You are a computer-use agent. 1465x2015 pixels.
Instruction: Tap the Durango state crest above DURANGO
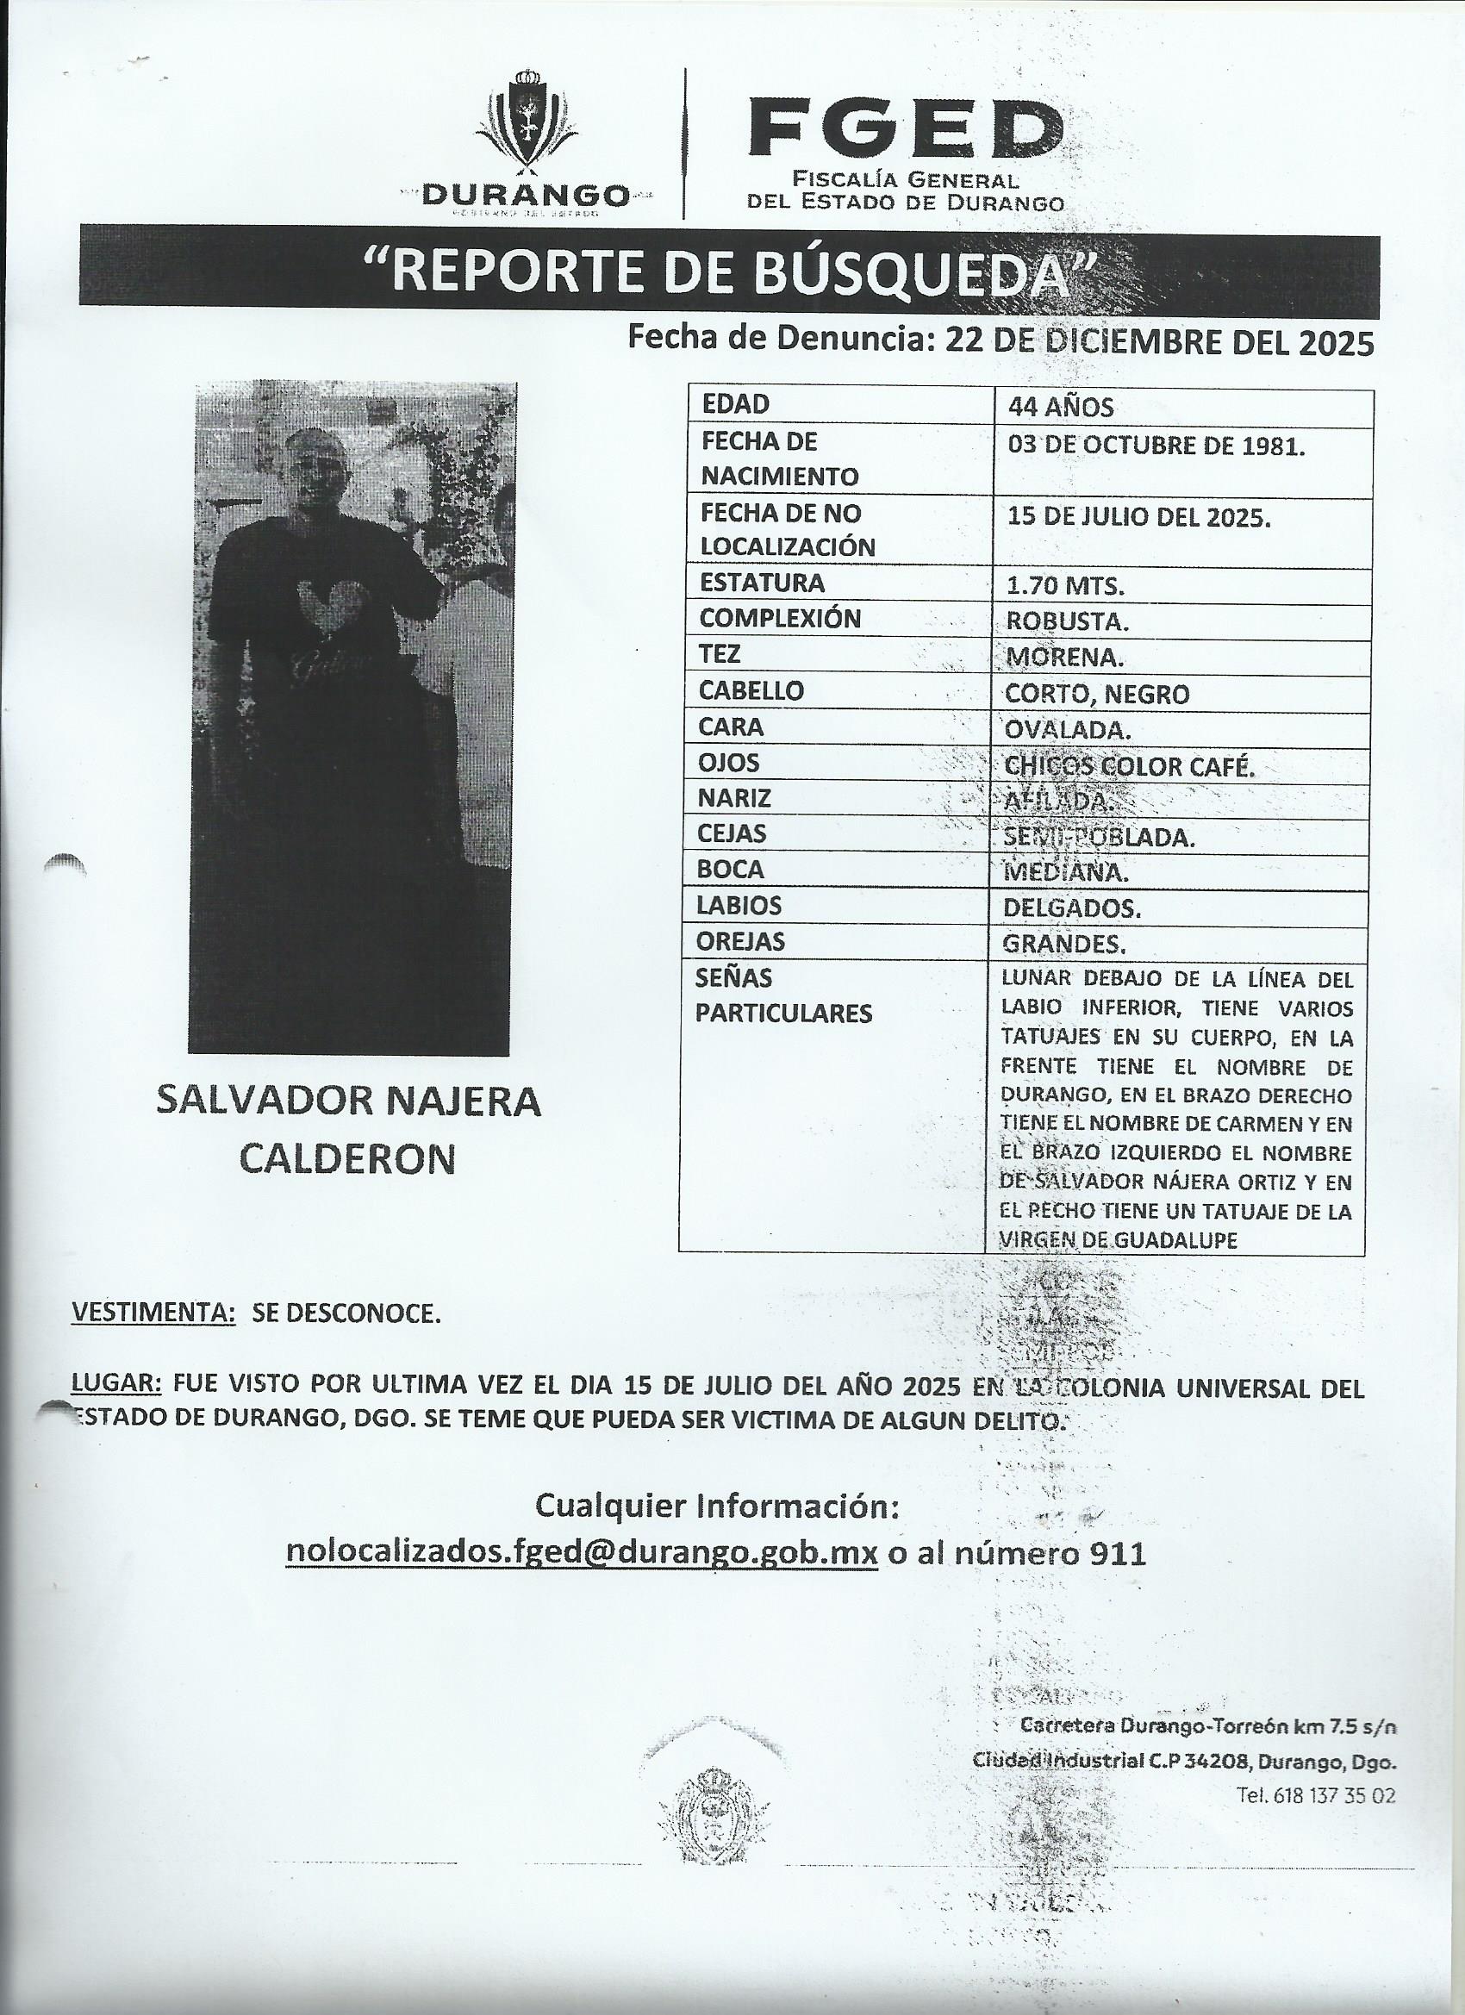tap(527, 120)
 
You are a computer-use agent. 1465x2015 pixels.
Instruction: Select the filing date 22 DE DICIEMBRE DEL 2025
tap(1158, 341)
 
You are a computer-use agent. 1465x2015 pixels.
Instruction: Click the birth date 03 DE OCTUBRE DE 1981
tap(1156, 445)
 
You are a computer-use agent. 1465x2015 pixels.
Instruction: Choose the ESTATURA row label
tap(762, 583)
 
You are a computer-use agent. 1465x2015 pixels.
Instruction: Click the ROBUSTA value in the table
tap(1067, 621)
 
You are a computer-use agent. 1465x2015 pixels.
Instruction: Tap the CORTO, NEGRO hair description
tap(1097, 693)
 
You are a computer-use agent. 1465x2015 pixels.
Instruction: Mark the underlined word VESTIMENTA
tap(153, 1313)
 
